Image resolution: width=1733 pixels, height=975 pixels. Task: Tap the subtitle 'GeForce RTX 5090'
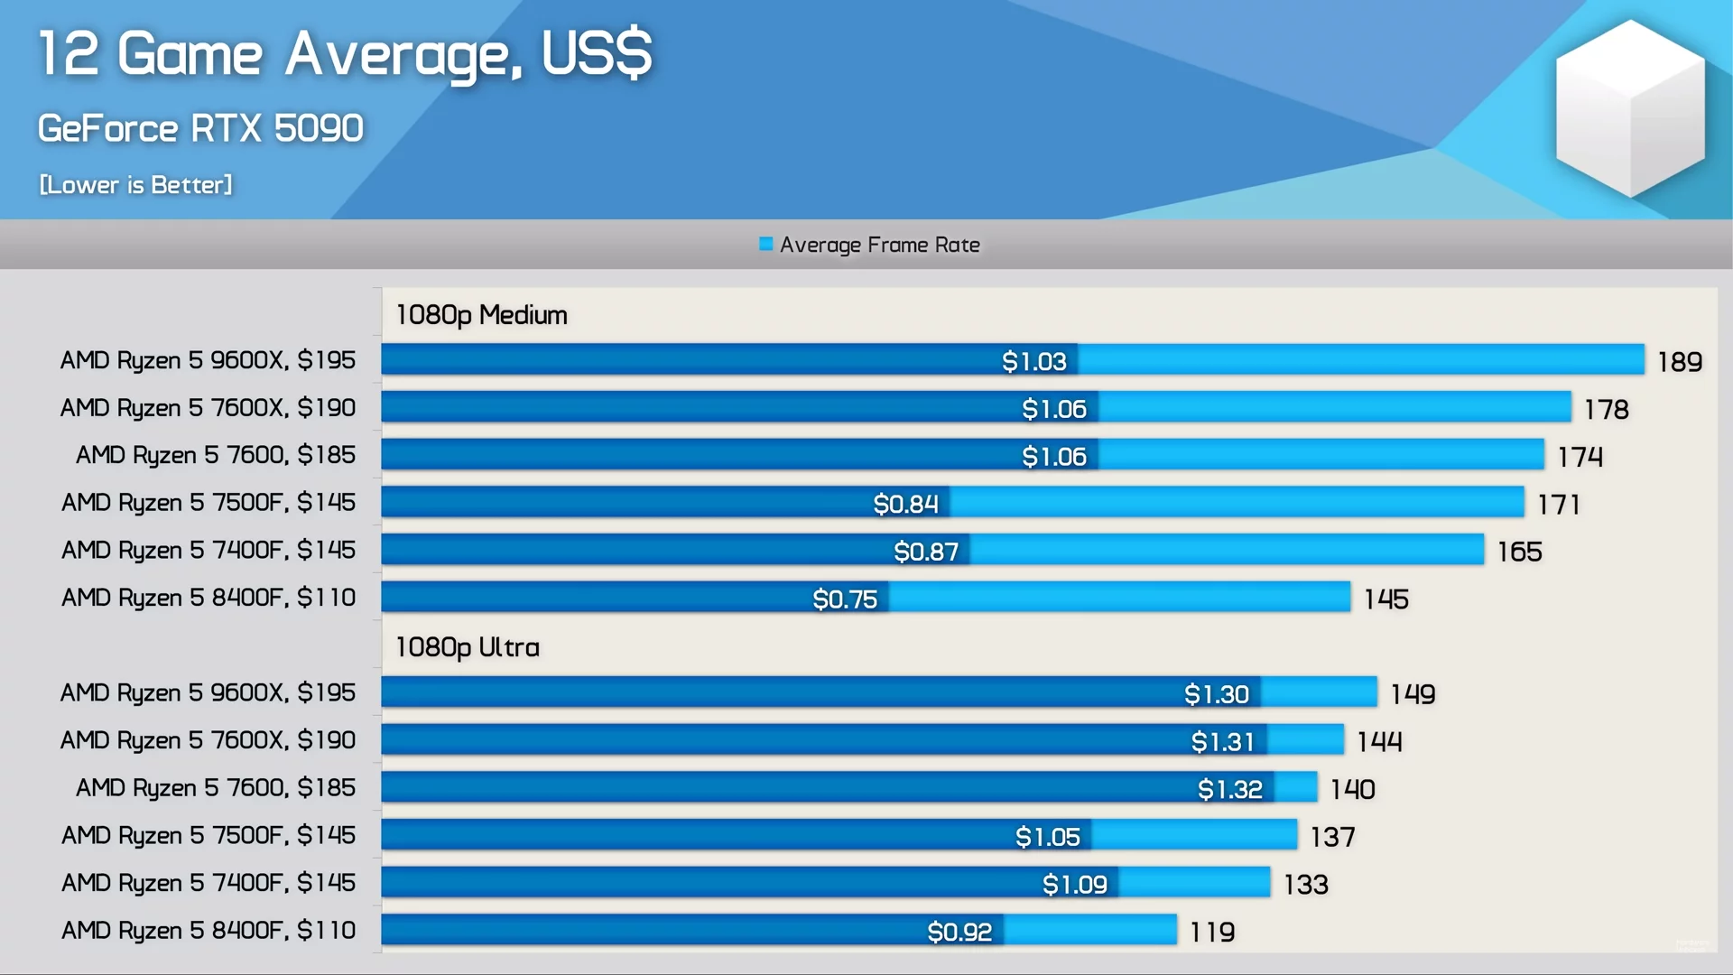click(200, 128)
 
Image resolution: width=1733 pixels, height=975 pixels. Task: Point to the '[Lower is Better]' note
click(135, 185)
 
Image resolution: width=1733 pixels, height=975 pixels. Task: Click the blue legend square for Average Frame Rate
click(766, 244)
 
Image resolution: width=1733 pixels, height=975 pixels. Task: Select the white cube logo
click(1630, 108)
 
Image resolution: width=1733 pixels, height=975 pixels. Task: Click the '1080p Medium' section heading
click(481, 315)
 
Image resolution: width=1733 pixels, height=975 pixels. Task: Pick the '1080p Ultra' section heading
click(467, 647)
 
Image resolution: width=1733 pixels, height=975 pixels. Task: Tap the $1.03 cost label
click(1034, 361)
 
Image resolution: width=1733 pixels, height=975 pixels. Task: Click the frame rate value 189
click(1680, 362)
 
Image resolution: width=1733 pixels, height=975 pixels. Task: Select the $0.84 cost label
click(905, 504)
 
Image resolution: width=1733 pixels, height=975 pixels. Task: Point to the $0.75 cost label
click(845, 599)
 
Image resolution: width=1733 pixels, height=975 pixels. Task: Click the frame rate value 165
click(1520, 552)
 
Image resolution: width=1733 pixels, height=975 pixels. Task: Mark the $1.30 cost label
click(1217, 693)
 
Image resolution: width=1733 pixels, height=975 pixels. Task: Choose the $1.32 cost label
click(1230, 789)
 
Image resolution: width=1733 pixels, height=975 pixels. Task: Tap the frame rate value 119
click(1212, 932)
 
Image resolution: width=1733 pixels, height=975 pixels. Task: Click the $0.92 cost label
click(959, 931)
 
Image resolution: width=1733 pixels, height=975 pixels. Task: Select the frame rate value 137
click(1333, 837)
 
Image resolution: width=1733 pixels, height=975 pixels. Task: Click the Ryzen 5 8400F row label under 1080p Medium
click(209, 598)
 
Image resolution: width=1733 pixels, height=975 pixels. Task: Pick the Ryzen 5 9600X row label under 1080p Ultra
click(208, 692)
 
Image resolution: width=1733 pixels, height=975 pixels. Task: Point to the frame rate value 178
click(1607, 410)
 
